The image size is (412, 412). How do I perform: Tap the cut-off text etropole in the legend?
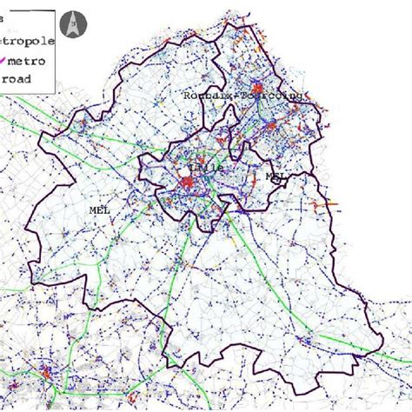tap(28, 41)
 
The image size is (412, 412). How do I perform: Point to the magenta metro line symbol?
tap(6, 61)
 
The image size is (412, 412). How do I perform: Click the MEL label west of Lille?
tap(100, 210)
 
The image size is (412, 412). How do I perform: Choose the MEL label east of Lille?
tap(276, 176)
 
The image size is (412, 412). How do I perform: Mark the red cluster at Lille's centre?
tap(187, 183)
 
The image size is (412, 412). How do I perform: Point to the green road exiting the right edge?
tap(404, 358)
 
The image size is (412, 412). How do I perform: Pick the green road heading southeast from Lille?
tap(261, 261)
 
